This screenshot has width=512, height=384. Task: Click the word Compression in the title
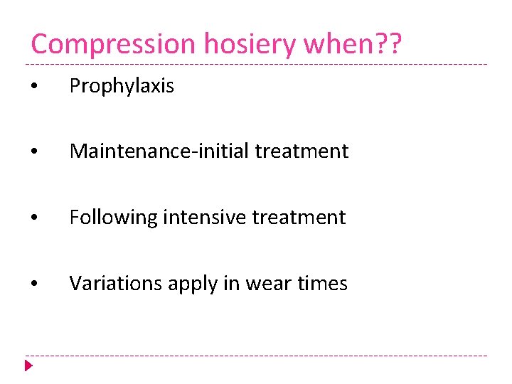(113, 44)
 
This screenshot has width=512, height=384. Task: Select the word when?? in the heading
(353, 44)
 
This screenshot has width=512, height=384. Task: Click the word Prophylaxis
(122, 86)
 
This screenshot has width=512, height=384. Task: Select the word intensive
(203, 217)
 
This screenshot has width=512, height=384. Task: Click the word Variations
(115, 284)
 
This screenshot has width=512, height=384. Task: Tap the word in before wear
(233, 284)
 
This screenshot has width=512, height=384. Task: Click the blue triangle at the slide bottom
(28, 367)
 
